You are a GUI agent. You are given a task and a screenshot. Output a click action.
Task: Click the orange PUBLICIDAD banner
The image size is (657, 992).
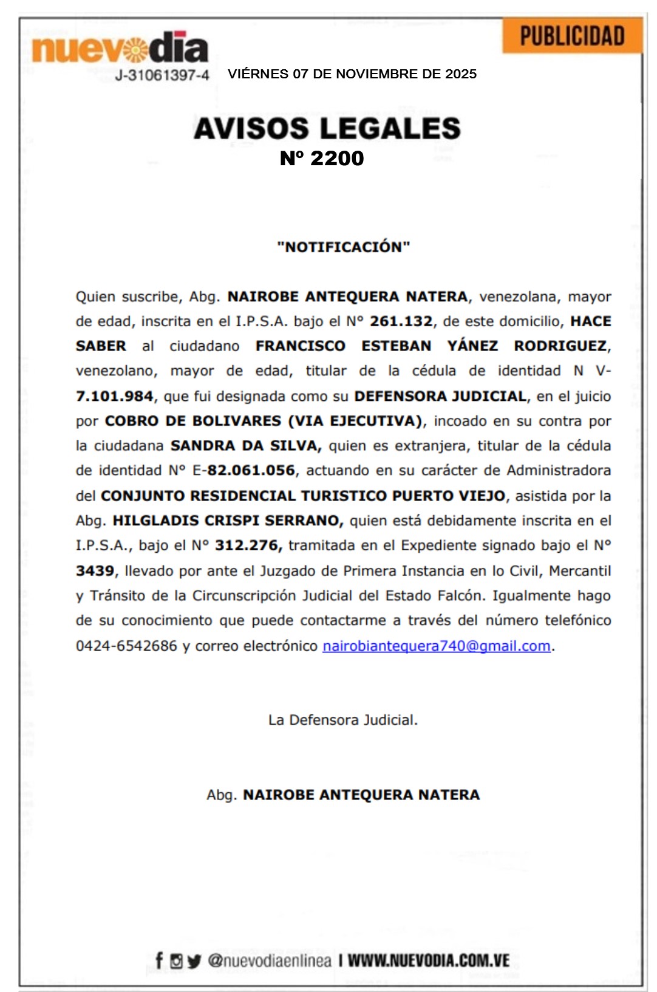click(572, 36)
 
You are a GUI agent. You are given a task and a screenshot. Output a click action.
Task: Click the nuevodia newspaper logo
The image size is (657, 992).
click(120, 48)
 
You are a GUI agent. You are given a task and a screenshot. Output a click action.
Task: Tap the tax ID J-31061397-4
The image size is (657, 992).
click(162, 75)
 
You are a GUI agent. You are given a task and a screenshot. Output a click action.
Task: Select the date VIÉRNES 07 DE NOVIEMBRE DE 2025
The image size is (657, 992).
click(352, 74)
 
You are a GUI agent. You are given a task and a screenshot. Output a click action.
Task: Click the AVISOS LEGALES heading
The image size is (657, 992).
click(327, 128)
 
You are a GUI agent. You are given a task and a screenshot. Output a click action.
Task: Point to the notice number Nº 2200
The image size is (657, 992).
click(322, 158)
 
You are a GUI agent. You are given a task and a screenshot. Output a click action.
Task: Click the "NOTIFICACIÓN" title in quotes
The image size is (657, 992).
click(344, 247)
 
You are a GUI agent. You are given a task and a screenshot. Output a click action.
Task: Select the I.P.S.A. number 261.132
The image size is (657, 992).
click(401, 321)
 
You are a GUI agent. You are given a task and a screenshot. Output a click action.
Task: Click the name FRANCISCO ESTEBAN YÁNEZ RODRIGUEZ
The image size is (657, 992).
click(431, 346)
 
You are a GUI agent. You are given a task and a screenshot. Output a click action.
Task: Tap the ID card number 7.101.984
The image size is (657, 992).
click(114, 396)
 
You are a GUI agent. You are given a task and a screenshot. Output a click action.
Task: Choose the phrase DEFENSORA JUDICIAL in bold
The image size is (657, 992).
click(440, 396)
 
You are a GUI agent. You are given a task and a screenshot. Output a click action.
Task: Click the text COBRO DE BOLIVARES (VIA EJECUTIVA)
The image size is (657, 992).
click(264, 421)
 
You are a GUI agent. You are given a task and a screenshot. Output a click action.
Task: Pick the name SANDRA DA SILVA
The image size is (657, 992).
click(245, 446)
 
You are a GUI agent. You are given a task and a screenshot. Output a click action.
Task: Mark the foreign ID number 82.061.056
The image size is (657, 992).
click(251, 471)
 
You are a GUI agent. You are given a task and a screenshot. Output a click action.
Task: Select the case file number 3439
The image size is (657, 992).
click(95, 570)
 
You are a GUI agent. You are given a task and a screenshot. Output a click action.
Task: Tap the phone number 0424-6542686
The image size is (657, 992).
click(126, 646)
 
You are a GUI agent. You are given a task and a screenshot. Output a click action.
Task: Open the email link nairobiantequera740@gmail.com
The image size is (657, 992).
click(437, 646)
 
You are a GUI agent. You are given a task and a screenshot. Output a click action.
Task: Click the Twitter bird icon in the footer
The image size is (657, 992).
click(194, 961)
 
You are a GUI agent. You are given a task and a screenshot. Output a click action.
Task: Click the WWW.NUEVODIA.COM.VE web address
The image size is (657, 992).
click(428, 960)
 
